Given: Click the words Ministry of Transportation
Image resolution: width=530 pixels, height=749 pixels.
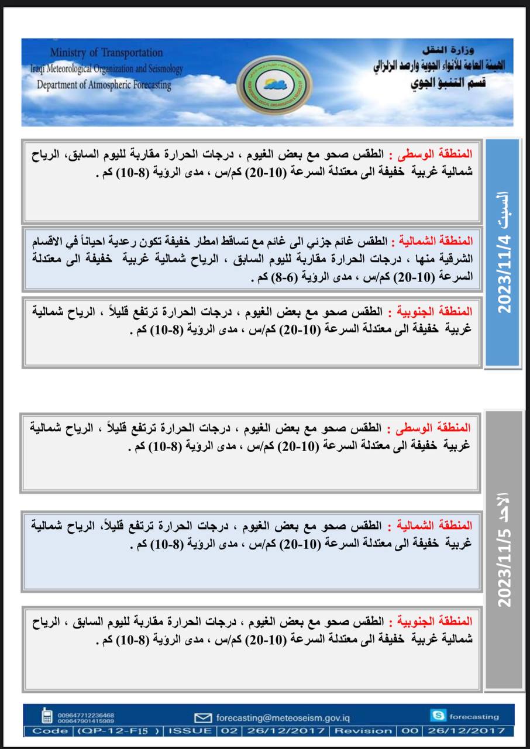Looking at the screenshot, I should pyautogui.click(x=106, y=53).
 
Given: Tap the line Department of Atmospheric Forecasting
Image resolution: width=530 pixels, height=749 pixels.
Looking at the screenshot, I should pyautogui.click(x=104, y=85).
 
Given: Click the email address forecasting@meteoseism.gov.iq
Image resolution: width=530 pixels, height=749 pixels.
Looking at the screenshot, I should pyautogui.click(x=283, y=717).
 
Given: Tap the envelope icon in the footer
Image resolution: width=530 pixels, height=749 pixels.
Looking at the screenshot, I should pyautogui.click(x=202, y=717).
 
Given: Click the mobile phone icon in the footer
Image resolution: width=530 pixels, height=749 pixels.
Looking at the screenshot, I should pyautogui.click(x=47, y=716).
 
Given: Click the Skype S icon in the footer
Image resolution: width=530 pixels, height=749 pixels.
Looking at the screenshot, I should pyautogui.click(x=438, y=715).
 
